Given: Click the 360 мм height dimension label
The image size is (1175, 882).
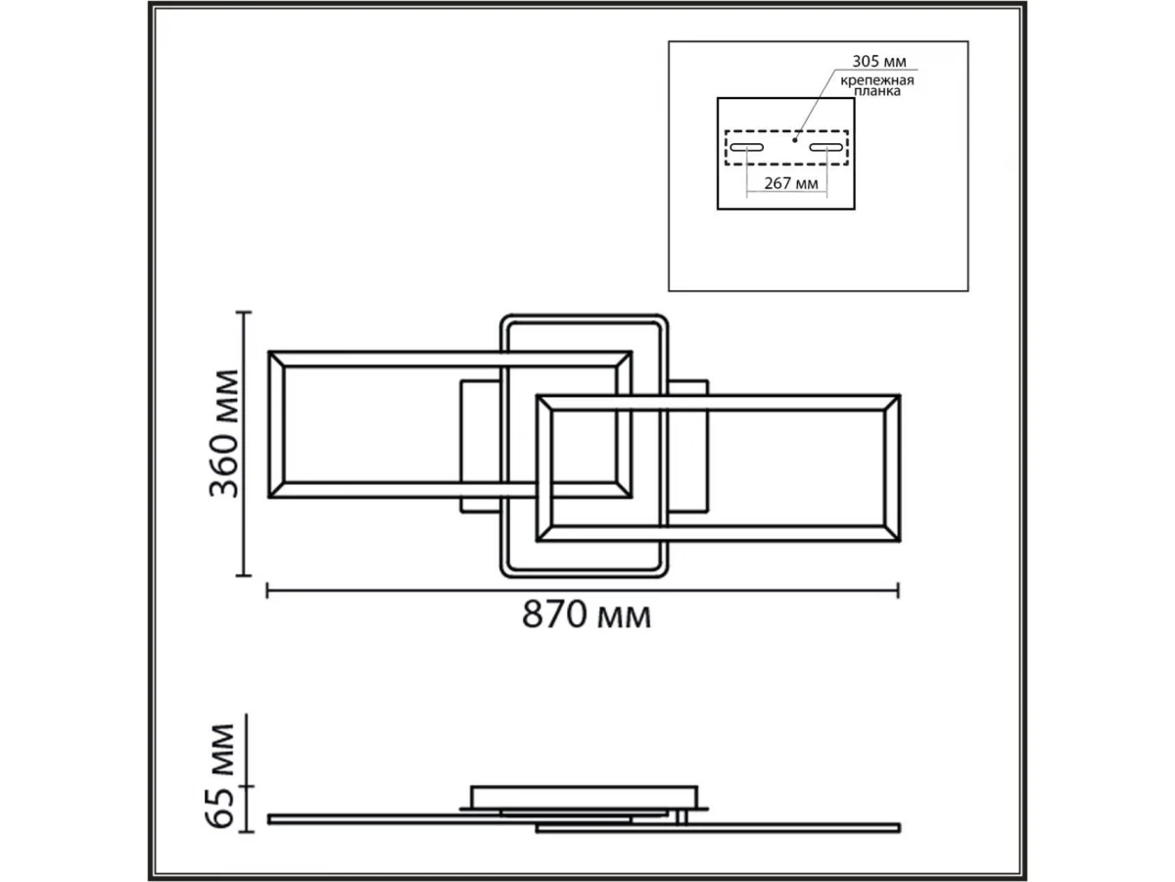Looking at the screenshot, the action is point(223,434).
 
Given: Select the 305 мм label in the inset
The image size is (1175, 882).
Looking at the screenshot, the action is point(879,62).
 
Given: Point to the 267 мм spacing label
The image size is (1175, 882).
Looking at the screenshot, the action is point(791,183).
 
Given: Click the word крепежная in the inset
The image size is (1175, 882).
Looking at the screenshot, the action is point(876,81).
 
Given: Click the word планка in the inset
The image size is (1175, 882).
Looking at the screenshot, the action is point(876,91).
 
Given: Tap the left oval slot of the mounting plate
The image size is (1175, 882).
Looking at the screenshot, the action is point(747,147).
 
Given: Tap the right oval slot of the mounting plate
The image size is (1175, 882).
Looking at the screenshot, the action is point(826,147).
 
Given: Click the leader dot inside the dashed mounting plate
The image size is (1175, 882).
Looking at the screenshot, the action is point(795,140).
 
